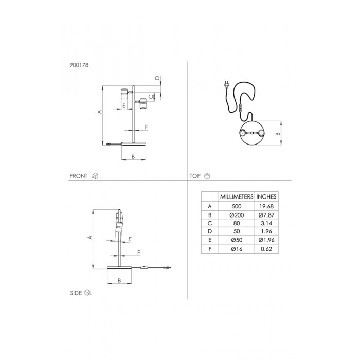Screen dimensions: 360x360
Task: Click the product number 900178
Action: click(79, 65)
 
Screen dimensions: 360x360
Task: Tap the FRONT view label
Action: click(79, 176)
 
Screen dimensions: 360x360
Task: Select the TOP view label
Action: click(195, 176)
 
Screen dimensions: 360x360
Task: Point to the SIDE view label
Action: click(76, 293)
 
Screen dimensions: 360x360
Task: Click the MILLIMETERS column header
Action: click(237, 197)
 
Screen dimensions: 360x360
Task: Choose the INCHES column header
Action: click(266, 197)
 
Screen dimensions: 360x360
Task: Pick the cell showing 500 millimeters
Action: click(237, 206)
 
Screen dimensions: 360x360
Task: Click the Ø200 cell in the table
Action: click(237, 215)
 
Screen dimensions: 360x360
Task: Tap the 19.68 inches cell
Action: click(266, 206)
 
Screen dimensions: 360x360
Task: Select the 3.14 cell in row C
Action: click(266, 223)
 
